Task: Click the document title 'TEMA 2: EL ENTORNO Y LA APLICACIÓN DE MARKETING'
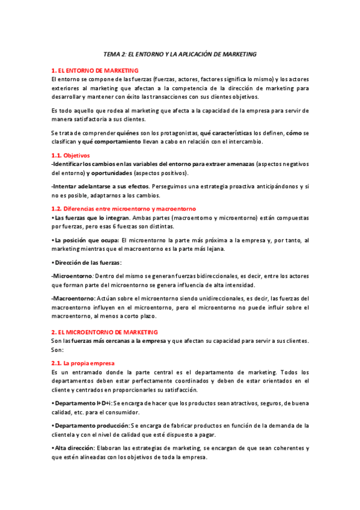pos(180,54)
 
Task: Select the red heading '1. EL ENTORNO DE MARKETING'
pos(95,70)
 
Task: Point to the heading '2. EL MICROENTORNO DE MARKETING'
pos(104,332)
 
